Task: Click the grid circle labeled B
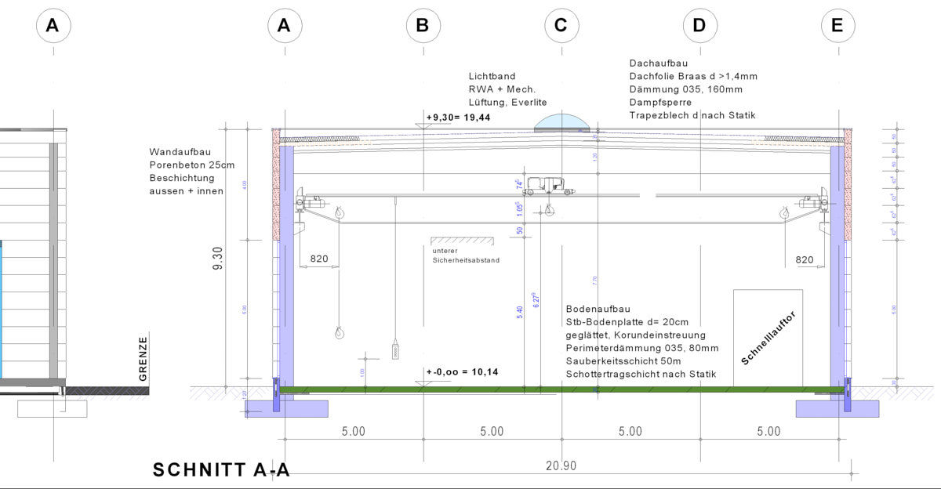click(x=423, y=26)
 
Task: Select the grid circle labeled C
click(x=561, y=26)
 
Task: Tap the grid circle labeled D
click(x=699, y=26)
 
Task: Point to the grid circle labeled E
click(x=837, y=26)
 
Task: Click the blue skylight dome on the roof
click(x=561, y=122)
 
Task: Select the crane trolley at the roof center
click(x=549, y=187)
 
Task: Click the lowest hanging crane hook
click(x=339, y=333)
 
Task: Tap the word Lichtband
click(x=492, y=77)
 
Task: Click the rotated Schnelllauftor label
click(x=769, y=338)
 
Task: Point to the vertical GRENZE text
click(x=143, y=359)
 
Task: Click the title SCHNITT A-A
click(x=221, y=470)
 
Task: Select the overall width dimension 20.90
click(x=561, y=465)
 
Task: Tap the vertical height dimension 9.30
click(x=218, y=258)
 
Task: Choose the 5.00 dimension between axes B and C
click(x=492, y=432)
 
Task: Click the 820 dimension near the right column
click(x=805, y=259)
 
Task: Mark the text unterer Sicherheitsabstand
click(x=465, y=255)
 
